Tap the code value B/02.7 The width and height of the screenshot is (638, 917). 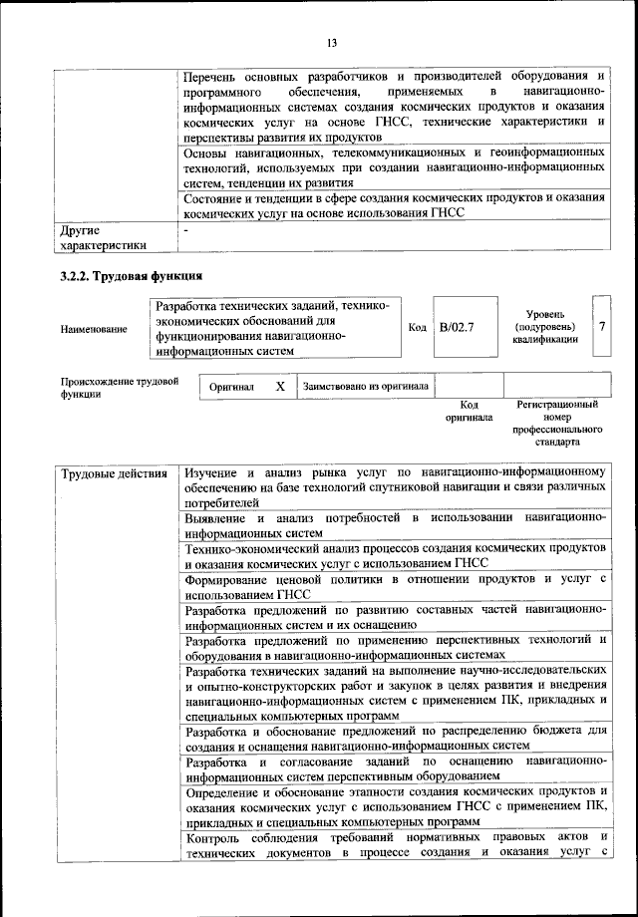[457, 326]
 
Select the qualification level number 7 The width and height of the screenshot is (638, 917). [600, 326]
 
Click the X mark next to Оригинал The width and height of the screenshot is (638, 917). [280, 386]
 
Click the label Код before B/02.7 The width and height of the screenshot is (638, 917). [418, 326]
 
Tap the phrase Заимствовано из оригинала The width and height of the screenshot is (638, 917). [366, 385]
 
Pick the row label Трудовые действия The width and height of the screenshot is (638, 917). [114, 471]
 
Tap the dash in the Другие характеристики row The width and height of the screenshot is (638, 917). [186, 229]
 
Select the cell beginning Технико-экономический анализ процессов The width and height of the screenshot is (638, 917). [395, 556]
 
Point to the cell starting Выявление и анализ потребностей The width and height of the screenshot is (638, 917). [395, 526]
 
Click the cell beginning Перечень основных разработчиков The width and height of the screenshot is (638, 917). [395, 106]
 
